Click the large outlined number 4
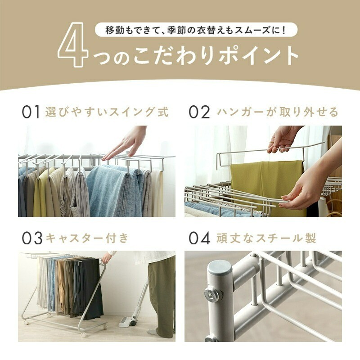pos(73,45)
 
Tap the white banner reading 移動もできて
pos(196,30)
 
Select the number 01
pos(31,112)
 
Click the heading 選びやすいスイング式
pos(107,112)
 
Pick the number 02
pos(199,112)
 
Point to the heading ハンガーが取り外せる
pos(278,112)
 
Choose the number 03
pos(32,238)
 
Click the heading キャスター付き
pos(87,238)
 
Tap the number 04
pos(199,238)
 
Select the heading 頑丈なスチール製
pos(266,238)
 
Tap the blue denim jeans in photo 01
pos(115,190)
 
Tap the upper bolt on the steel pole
pos(211,294)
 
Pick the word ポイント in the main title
pos(258,56)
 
